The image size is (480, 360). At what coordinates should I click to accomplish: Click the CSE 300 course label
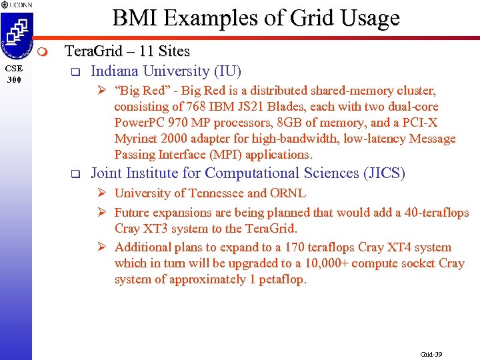pyautogui.click(x=14, y=73)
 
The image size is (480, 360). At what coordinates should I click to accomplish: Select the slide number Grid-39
pyautogui.click(x=431, y=354)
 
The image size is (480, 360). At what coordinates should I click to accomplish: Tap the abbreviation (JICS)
pyautogui.click(x=384, y=173)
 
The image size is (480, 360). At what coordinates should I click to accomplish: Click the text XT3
pyautogui.click(x=159, y=229)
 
